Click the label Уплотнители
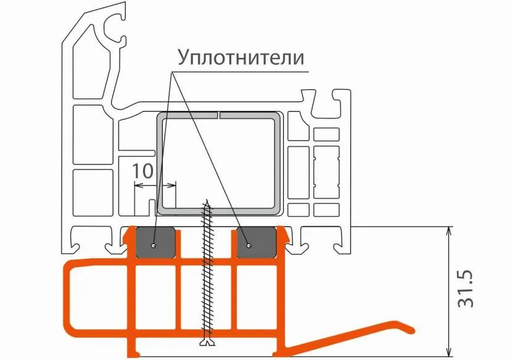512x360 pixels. pos(241,57)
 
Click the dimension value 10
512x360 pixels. pos(142,171)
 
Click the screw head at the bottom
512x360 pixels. pos(206,342)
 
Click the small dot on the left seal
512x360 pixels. pos(153,245)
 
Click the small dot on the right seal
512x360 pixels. pos(247,245)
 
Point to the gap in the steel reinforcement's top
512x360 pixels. pos(219,115)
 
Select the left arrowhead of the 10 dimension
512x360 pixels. pos(137,184)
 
